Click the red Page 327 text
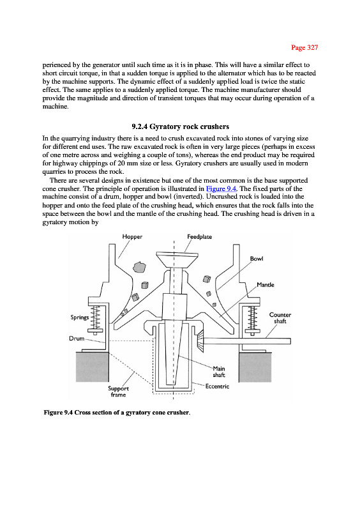[304, 47]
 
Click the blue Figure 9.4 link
[221, 188]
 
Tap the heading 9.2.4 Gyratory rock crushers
[180, 126]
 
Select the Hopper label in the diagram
[132, 237]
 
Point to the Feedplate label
[199, 237]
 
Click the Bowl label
[257, 259]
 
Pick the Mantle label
[266, 285]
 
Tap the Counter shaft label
[280, 318]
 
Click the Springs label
[80, 317]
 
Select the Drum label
[77, 339]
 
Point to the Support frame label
[118, 392]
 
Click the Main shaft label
[219, 372]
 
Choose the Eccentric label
[217, 386]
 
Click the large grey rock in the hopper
[139, 267]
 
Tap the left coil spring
[96, 318]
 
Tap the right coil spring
[252, 318]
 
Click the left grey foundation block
[92, 367]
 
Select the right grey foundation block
[255, 367]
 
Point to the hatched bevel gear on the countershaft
[200, 340]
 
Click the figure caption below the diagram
[117, 413]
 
